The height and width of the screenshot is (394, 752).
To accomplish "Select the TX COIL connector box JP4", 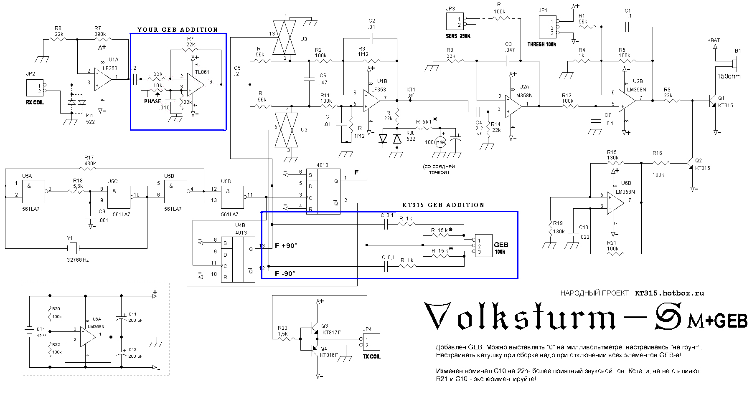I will [x=371, y=342].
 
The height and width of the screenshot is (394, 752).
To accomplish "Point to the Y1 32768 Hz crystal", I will [x=73, y=249].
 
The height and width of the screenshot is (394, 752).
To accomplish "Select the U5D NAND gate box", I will [x=232, y=197].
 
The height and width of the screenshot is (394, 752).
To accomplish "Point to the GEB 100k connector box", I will [x=483, y=246].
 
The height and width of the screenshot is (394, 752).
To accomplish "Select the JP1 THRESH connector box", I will [x=547, y=28].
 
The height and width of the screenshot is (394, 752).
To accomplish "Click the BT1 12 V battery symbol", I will [x=29, y=332].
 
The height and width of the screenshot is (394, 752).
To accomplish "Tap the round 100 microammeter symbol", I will [x=441, y=142].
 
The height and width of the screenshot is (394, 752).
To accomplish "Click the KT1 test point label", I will [x=411, y=90].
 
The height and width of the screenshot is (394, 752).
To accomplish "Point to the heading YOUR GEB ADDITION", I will [x=178, y=30].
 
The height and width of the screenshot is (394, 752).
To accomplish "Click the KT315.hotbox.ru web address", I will [x=669, y=293].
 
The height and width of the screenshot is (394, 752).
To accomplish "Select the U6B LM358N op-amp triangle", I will [x=615, y=202].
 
